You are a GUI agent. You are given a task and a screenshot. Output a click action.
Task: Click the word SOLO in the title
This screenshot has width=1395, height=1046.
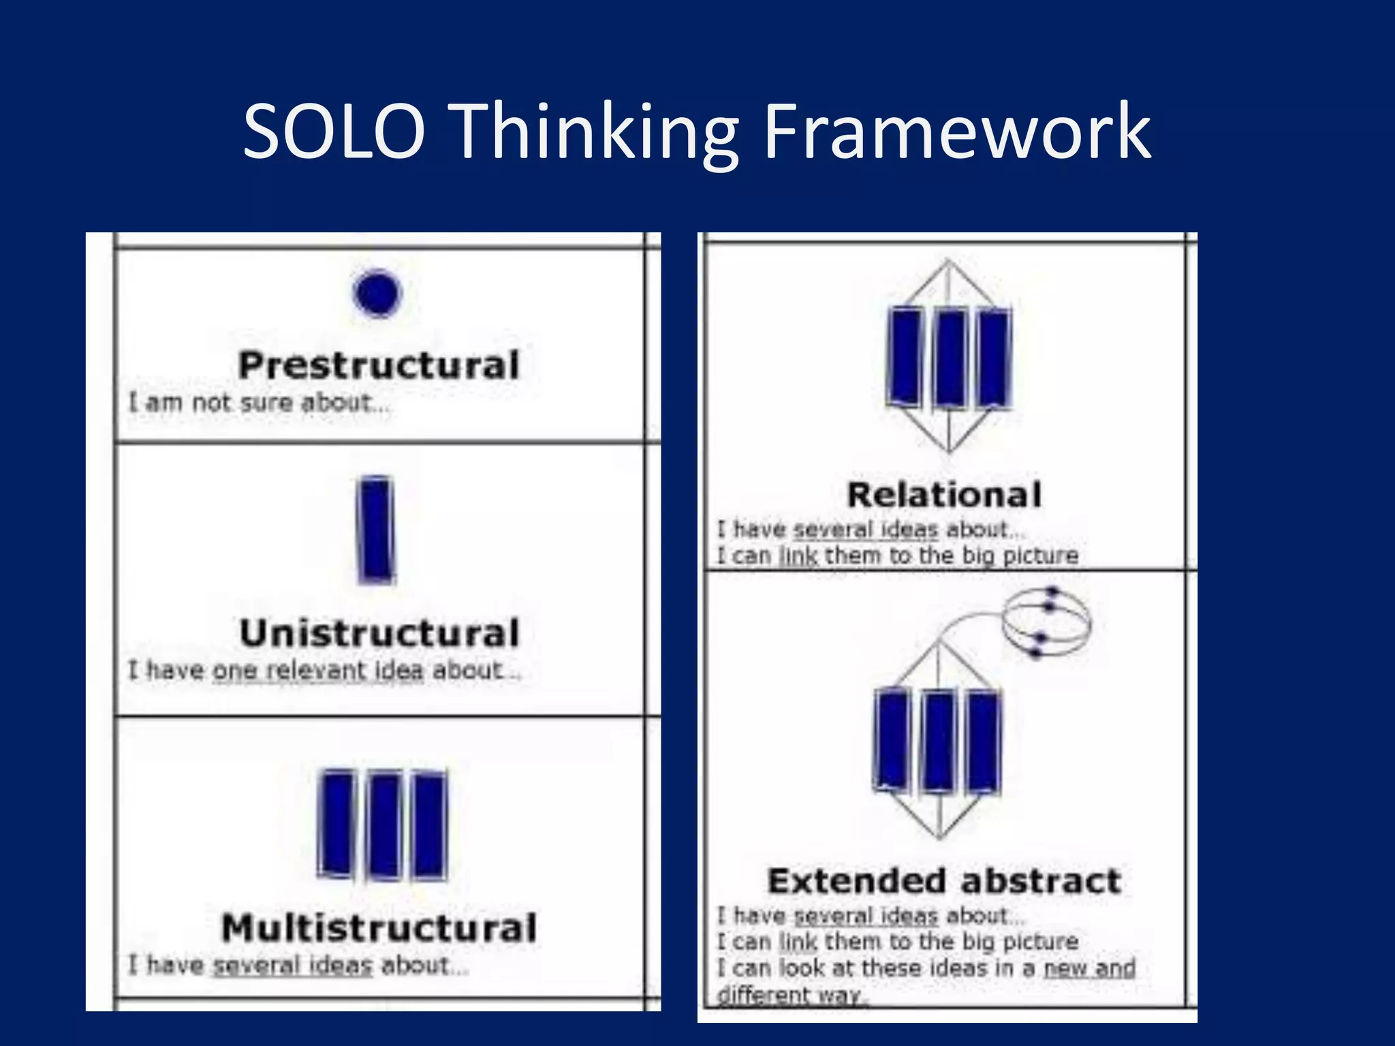(334, 131)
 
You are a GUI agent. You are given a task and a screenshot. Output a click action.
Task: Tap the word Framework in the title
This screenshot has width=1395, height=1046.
(956, 131)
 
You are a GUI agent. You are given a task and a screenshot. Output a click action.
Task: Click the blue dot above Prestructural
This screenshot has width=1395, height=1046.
(377, 294)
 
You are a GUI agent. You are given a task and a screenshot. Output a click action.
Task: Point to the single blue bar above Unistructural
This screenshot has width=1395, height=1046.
(376, 529)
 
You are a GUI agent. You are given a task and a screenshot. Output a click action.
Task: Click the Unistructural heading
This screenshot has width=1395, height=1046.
(379, 633)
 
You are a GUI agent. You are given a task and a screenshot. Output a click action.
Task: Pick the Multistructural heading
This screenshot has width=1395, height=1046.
(379, 928)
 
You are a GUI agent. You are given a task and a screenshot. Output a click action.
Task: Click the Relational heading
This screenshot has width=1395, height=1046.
(944, 494)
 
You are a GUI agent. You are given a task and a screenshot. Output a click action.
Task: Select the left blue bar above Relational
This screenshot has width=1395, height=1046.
(905, 358)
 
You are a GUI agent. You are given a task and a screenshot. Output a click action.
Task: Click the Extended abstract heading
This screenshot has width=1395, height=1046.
(944, 881)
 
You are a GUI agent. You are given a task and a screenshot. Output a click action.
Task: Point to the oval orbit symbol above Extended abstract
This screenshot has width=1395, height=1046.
(1046, 623)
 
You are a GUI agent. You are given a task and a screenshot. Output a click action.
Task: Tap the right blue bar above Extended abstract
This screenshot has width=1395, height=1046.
(984, 740)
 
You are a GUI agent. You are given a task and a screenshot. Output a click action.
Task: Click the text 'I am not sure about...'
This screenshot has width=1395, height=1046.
(259, 403)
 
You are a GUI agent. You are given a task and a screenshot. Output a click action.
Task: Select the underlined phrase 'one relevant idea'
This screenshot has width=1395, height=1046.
(317, 671)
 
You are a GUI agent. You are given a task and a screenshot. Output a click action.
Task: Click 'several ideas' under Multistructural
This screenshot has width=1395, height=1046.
(293, 966)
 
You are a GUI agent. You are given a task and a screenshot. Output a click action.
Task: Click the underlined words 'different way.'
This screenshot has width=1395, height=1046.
(791, 995)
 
